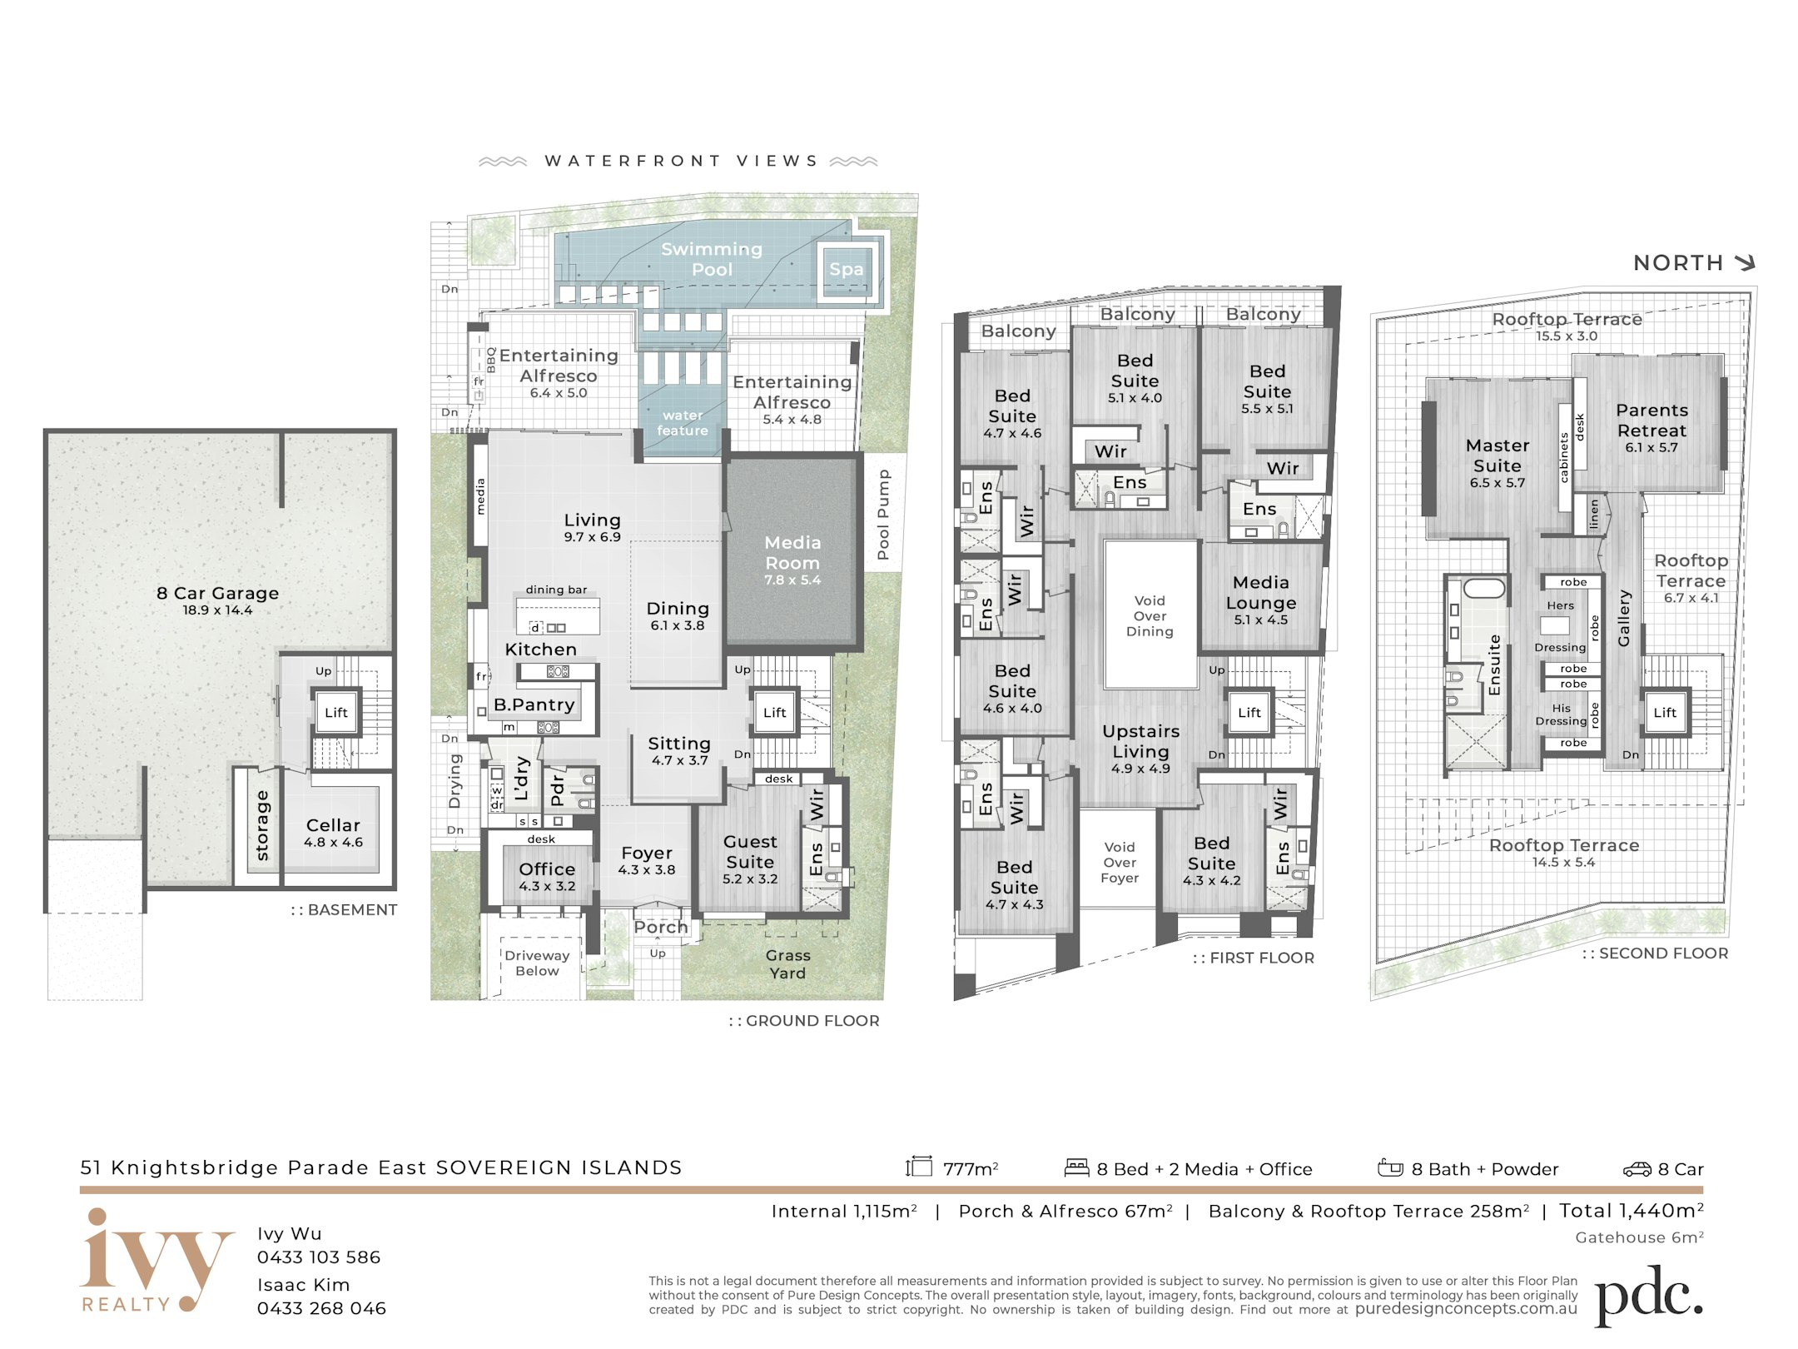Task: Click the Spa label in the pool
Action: coord(846,269)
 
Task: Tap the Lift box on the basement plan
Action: coord(336,712)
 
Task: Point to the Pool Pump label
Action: coord(883,514)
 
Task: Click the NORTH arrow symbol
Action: coord(1745,263)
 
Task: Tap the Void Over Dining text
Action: coord(1150,616)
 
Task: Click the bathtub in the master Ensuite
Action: coord(1483,588)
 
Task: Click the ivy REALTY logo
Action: coord(156,1261)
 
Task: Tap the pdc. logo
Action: coord(1648,1296)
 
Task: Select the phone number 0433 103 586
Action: coord(319,1257)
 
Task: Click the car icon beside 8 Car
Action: coord(1637,1169)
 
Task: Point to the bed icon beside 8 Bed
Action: coord(1077,1167)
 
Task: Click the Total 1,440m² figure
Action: coord(1632,1211)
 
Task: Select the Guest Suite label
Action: coord(750,852)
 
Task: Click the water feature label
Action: coord(683,423)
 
